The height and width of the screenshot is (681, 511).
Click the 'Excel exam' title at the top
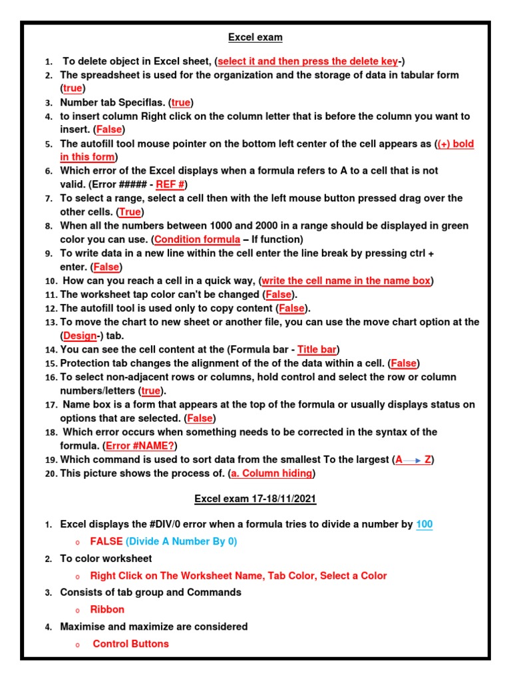pos(255,37)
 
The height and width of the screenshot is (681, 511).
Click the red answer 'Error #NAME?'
pos(141,445)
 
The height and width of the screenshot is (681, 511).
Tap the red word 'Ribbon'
pos(107,609)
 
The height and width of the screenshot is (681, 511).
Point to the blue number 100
pos(424,524)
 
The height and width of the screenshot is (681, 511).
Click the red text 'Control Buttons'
pos(130,643)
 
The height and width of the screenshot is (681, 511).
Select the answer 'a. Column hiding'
pos(271,473)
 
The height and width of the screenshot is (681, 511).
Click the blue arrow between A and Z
pos(414,460)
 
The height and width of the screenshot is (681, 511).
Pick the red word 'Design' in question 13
pos(80,336)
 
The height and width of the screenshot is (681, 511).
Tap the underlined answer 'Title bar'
pos(317,349)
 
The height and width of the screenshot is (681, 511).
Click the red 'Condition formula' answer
pos(197,239)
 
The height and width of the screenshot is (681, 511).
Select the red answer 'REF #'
pos(170,184)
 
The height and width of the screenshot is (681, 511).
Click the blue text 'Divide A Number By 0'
pos(181,541)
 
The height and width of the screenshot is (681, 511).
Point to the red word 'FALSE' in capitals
pos(106,541)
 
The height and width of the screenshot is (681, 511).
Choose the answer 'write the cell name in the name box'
pos(346,281)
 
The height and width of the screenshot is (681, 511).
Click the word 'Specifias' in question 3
pos(142,102)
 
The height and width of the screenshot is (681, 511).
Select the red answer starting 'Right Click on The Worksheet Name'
pos(238,575)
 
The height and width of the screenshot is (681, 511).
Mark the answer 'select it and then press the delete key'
pos(308,61)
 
